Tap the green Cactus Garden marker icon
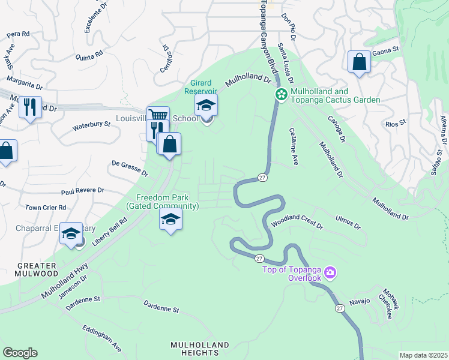pos(280,95)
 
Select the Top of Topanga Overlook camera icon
pos(330,274)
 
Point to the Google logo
pos(20,353)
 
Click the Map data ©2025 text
pos(423,355)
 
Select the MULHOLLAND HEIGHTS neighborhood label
pos(200,349)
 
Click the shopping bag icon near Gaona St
pos(359,62)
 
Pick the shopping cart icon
pos(158,115)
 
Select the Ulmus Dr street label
pos(348,223)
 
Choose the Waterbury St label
pos(92,125)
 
